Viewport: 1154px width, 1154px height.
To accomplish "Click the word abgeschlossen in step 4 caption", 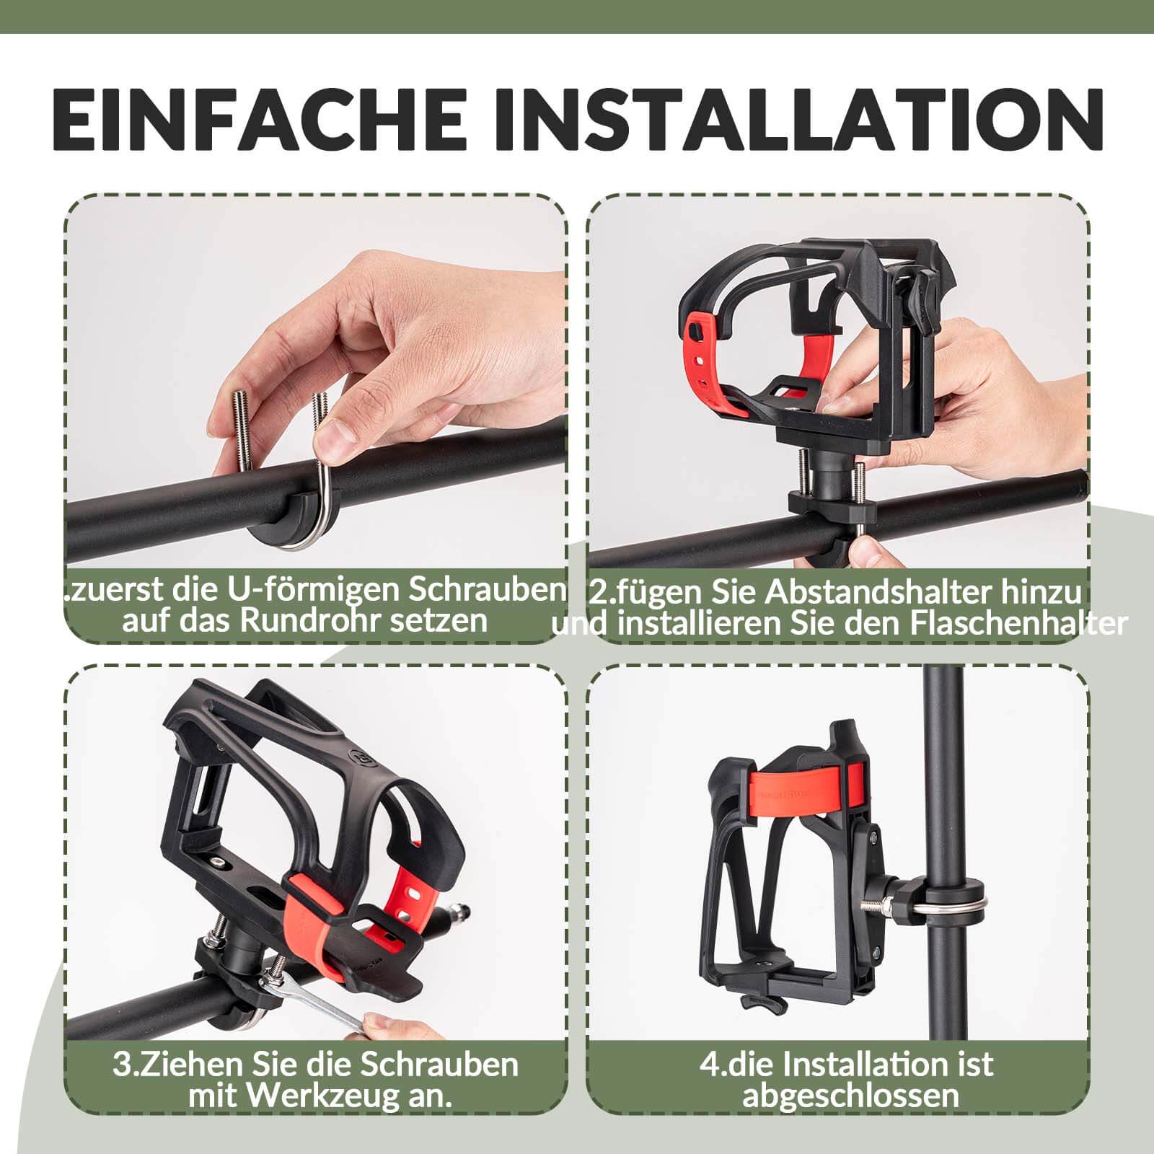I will (x=850, y=1096).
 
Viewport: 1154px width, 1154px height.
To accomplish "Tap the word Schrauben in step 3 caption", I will (x=439, y=1065).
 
